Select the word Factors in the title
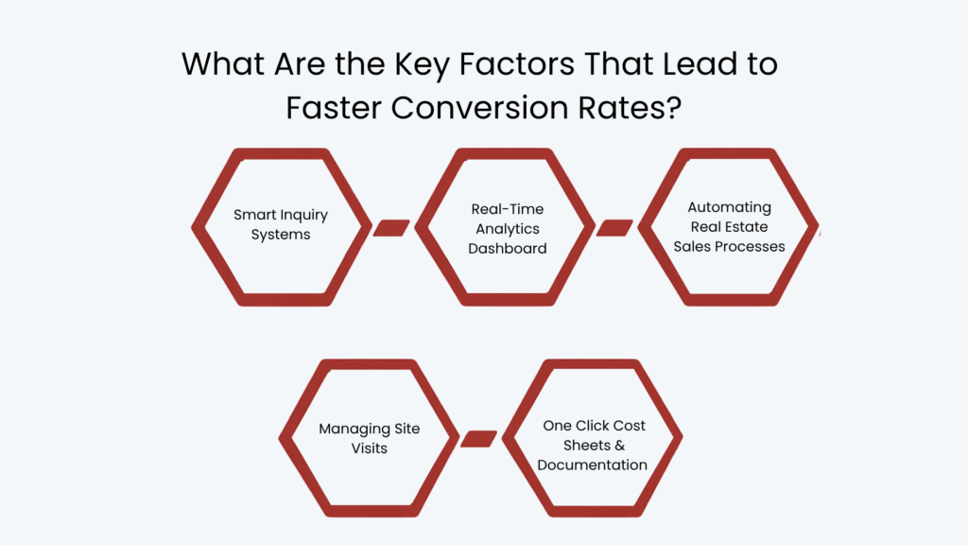click(x=517, y=63)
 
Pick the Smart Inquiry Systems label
click(x=281, y=224)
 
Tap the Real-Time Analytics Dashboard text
click(x=508, y=229)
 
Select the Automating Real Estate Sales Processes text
click(x=729, y=227)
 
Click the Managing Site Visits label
click(x=370, y=438)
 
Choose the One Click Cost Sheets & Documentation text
click(x=593, y=445)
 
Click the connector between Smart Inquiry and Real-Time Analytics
click(x=391, y=227)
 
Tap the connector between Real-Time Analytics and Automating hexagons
click(x=614, y=227)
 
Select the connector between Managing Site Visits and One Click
click(x=478, y=439)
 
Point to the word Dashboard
click(x=508, y=249)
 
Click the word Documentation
click(x=593, y=465)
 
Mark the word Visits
click(x=370, y=448)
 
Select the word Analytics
click(x=508, y=229)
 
